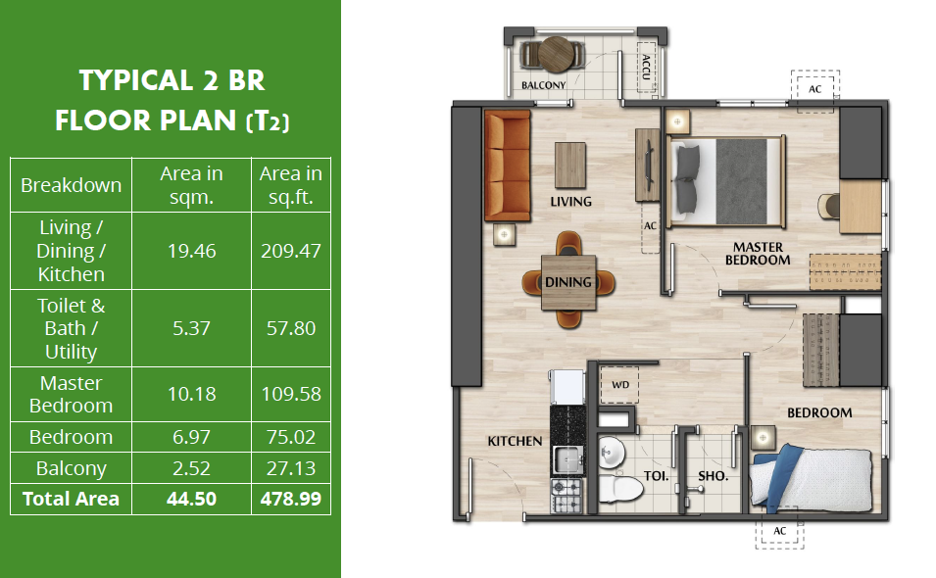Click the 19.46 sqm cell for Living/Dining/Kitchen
pos(191,251)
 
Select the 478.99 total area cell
pos(291,499)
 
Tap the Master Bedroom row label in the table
pos(71,394)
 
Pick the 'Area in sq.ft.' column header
pos(291,185)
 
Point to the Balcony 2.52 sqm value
pos(191,467)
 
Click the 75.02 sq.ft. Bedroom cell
pos(291,437)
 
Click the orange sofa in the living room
pos(507,166)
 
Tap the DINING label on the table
pos(568,282)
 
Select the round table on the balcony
pos(557,54)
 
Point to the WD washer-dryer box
pos(619,385)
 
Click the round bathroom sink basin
pos(611,453)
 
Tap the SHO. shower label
pos(713,476)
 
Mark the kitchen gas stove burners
pos(566,495)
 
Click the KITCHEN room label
pos(515,441)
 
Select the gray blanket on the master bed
pos(741,180)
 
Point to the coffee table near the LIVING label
pos(570,166)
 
